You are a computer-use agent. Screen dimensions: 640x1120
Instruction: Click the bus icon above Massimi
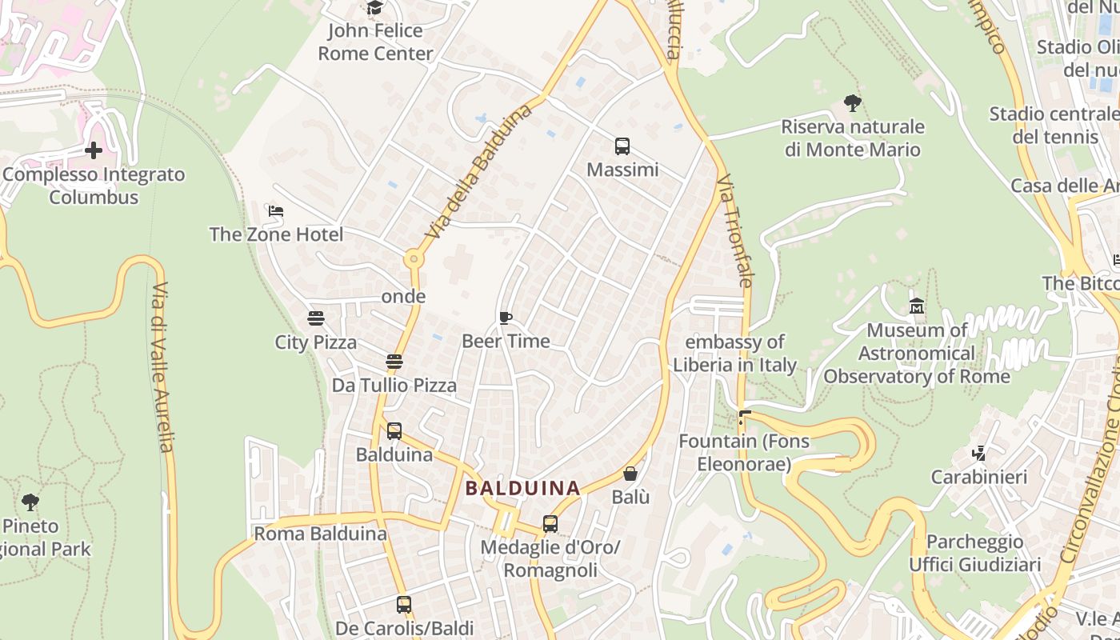[622, 146]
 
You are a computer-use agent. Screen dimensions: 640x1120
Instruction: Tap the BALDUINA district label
[523, 487]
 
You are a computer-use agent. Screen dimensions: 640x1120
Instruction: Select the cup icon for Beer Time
[506, 318]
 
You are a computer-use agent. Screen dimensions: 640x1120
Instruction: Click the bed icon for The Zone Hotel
[276, 211]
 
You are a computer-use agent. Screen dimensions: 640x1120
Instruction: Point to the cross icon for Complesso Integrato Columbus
[94, 150]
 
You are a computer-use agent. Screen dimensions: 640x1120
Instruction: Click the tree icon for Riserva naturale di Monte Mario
[853, 102]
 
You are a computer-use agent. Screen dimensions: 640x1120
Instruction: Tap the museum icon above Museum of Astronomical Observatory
[917, 306]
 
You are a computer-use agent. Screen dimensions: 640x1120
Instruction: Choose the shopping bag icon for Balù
[630, 474]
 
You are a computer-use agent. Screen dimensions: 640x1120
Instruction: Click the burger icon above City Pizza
[316, 318]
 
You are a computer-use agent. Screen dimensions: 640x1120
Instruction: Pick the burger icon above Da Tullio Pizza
[394, 362]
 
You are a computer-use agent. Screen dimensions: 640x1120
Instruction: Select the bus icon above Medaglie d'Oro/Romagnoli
[550, 524]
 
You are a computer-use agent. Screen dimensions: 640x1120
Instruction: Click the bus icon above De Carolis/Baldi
[404, 605]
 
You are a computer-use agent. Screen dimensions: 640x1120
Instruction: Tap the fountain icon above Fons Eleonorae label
[745, 417]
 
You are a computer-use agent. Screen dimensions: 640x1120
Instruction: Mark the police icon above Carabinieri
[978, 454]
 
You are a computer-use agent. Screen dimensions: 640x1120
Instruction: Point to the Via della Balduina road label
[479, 172]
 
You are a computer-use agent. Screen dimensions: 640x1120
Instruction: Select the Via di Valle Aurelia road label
[162, 367]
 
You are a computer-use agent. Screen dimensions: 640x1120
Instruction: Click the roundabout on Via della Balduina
[413, 258]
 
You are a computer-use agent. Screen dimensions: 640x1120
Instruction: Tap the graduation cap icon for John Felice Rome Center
[374, 8]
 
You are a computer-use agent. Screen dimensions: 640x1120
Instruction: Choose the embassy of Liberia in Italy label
[734, 354]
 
